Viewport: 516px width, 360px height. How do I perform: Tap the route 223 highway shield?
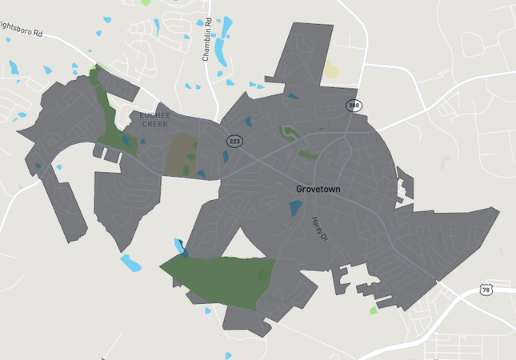pos(234,142)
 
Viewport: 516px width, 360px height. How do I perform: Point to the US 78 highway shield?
pos(486,290)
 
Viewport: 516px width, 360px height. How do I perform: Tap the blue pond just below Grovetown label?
pos(295,210)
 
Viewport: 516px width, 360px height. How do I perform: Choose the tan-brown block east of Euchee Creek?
pos(181,154)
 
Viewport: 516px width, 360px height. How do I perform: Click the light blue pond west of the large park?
pos(130,262)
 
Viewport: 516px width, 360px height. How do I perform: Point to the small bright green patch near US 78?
pos(373,310)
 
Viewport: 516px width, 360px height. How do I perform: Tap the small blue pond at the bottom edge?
pos(229,355)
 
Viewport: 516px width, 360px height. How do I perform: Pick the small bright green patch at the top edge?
pos(146,2)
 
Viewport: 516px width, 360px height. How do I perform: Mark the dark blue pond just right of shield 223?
pos(248,122)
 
